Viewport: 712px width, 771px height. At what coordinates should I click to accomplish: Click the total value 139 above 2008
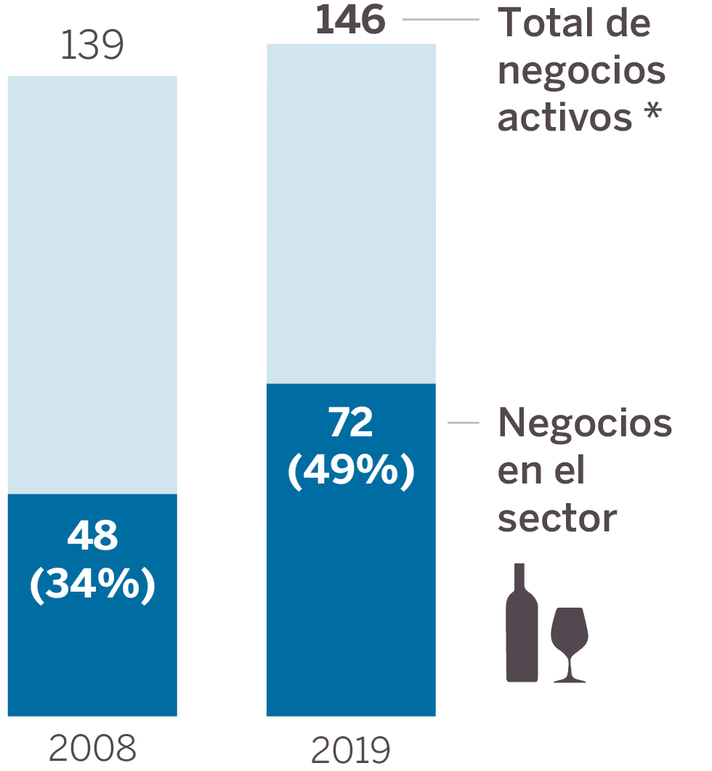tap(92, 46)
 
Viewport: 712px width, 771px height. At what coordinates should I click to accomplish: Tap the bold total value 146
tap(350, 20)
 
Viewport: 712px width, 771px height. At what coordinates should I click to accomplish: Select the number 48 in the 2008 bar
tap(92, 537)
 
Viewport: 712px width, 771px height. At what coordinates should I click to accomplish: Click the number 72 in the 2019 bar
tap(351, 423)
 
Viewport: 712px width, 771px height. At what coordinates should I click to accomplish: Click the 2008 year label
tap(92, 748)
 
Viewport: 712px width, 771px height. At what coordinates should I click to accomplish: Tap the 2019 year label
tap(351, 750)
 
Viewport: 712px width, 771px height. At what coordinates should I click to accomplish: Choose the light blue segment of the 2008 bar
tap(92, 283)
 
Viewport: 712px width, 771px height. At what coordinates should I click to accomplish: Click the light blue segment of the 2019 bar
tap(351, 211)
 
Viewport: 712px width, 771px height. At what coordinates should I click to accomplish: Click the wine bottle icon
tap(522, 624)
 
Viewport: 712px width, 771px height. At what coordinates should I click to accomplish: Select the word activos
tap(565, 117)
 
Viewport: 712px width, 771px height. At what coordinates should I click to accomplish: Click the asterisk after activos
tap(653, 113)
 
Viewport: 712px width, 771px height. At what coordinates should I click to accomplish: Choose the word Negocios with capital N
tap(585, 423)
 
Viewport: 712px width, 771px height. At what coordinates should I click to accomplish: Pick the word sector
tap(557, 518)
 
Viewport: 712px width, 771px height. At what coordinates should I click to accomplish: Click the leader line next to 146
tap(440, 20)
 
